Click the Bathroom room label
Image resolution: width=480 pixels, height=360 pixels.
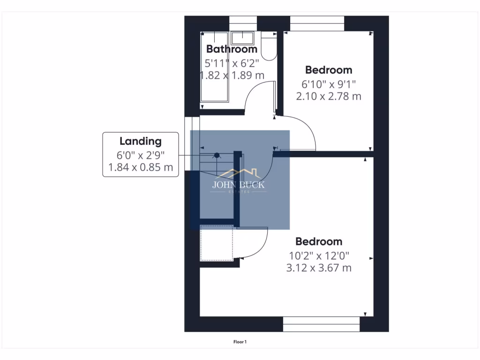click(x=232, y=49)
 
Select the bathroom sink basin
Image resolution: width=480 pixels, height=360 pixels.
click(x=242, y=37)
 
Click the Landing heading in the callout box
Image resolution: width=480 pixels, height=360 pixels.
click(x=140, y=141)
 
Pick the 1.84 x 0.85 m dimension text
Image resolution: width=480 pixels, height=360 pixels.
click(x=140, y=167)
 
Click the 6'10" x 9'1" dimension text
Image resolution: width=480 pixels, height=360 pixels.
click(x=329, y=84)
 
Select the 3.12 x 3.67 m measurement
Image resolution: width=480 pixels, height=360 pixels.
click(x=319, y=268)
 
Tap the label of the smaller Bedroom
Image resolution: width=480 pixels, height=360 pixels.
click(x=329, y=70)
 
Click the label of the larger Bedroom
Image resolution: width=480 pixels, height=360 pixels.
click(x=319, y=241)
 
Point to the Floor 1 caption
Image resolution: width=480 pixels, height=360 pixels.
click(x=240, y=342)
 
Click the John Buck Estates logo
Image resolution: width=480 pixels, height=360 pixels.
click(x=239, y=180)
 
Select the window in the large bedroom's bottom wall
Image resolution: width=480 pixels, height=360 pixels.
click(x=321, y=324)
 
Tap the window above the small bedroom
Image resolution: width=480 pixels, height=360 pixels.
click(x=317, y=23)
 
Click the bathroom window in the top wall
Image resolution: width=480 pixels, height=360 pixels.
click(x=243, y=23)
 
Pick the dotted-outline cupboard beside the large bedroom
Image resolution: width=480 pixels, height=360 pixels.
click(x=217, y=243)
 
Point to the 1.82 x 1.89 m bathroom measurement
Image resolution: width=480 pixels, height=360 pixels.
click(x=233, y=75)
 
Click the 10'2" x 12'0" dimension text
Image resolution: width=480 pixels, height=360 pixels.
click(x=319, y=256)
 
